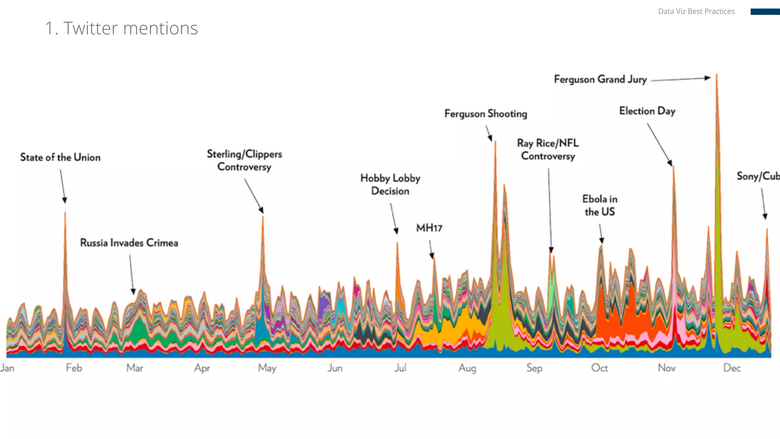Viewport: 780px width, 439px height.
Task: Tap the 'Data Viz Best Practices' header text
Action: pyautogui.click(x=696, y=11)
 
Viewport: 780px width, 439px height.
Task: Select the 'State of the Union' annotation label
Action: pyautogui.click(x=60, y=157)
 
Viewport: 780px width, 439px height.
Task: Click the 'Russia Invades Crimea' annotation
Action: pyautogui.click(x=129, y=243)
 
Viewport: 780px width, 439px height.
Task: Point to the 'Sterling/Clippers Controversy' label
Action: pyautogui.click(x=245, y=160)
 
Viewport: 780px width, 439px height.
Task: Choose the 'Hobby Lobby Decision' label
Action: pyautogui.click(x=390, y=184)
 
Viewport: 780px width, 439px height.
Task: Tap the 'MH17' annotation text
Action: pyautogui.click(x=429, y=228)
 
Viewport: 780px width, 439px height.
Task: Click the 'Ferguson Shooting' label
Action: pyautogui.click(x=486, y=114)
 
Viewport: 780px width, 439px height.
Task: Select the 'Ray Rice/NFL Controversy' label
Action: pyautogui.click(x=548, y=149)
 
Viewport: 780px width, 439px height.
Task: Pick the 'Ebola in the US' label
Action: pyautogui.click(x=600, y=205)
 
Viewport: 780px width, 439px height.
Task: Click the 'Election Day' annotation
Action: pyautogui.click(x=647, y=111)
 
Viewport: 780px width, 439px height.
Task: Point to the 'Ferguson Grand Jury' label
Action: pyautogui.click(x=600, y=79)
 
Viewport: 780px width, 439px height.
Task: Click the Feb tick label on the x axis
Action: pyautogui.click(x=74, y=368)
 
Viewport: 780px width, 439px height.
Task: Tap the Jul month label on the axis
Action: pyautogui.click(x=400, y=368)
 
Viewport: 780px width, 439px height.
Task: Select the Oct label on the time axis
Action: pyautogui.click(x=599, y=368)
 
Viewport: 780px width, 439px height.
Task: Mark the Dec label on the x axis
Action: pyautogui.click(x=732, y=368)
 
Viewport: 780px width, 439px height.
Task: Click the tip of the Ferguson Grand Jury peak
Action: pyautogui.click(x=717, y=75)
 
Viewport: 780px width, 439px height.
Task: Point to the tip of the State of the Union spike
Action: pyautogui.click(x=65, y=212)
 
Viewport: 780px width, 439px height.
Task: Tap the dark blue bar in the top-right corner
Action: pyautogui.click(x=765, y=12)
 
